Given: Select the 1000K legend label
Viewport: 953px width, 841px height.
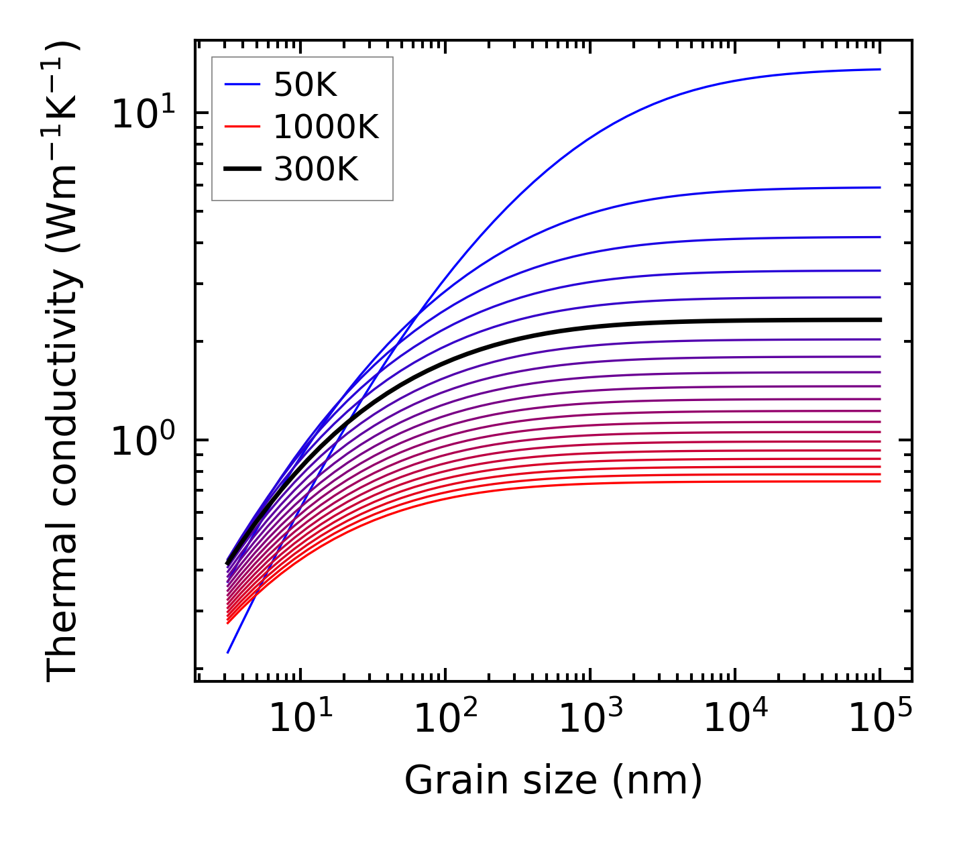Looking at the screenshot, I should [326, 127].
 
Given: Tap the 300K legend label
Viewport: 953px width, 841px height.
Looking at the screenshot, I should [316, 170].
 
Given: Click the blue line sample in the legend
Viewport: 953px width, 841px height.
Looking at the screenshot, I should [241, 85].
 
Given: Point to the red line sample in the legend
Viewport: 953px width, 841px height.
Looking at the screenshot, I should [241, 127].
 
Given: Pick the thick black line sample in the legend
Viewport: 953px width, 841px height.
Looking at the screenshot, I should [241, 170].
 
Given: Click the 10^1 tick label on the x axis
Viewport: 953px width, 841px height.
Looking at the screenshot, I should [300, 720].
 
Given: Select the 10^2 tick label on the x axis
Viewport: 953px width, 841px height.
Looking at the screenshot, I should [445, 720].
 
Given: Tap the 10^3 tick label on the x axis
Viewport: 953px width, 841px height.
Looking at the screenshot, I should [590, 720].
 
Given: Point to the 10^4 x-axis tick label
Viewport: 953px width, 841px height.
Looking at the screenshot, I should [735, 720].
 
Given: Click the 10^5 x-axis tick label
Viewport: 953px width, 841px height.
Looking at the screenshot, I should [880, 720].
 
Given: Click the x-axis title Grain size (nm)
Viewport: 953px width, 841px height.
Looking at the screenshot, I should [553, 781].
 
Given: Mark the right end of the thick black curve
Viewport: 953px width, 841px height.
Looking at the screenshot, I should [879, 320].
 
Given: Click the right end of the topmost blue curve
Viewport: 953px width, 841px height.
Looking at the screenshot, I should [879, 69].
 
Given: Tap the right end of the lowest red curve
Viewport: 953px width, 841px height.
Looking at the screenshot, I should [879, 481].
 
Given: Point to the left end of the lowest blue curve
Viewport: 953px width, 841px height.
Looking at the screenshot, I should [228, 652].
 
